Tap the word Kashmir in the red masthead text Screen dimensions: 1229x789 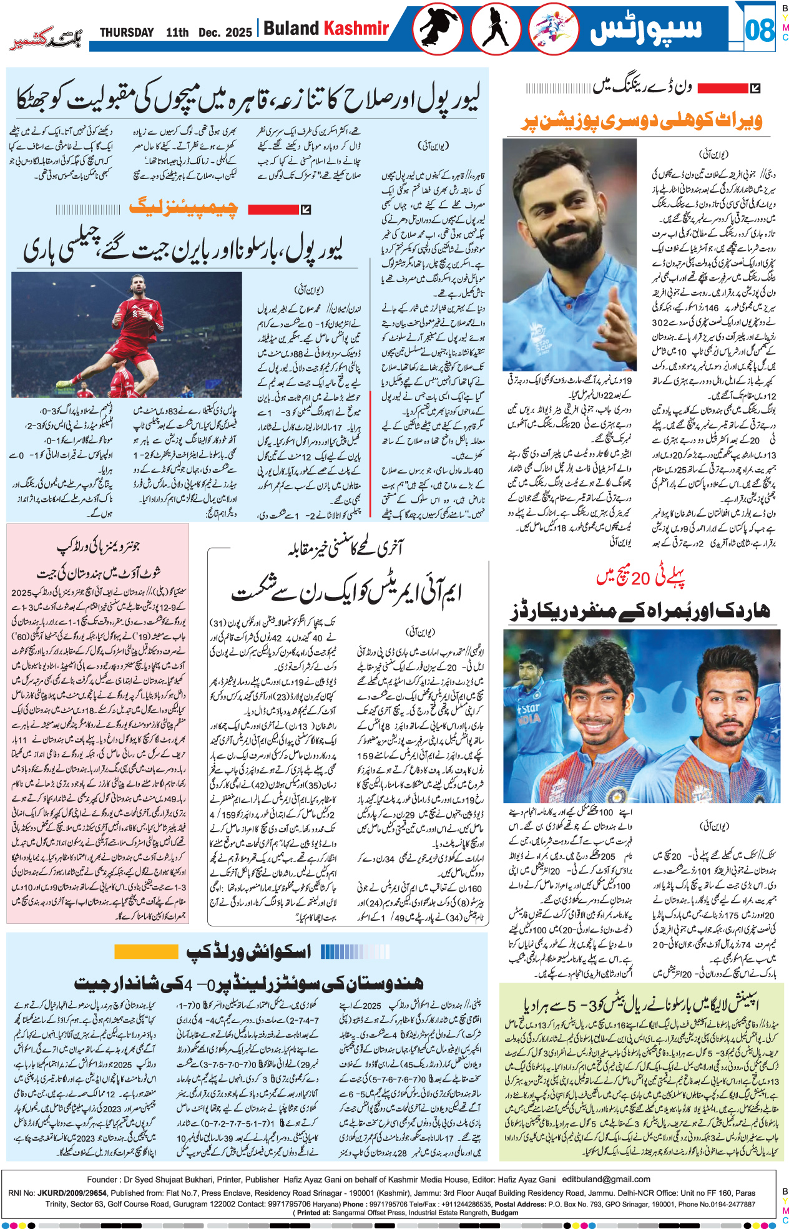click(x=356, y=29)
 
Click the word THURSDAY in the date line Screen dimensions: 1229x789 click(x=127, y=32)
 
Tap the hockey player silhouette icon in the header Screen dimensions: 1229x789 click(x=495, y=29)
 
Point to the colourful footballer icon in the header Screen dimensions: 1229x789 click(x=553, y=29)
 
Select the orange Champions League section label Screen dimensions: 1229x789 click(x=184, y=208)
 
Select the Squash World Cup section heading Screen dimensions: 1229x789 click(x=249, y=951)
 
